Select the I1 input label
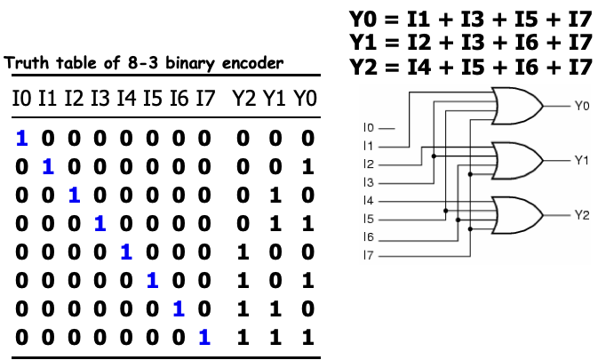369,147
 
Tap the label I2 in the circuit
369,164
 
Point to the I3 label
369,183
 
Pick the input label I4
369,201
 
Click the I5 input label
369,220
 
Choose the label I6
369,237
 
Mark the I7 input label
369,256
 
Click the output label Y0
581,106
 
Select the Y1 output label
581,160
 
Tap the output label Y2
581,215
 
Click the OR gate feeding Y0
519,107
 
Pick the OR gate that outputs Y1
519,161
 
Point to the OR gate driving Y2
519,215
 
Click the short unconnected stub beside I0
387,129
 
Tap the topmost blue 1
22,139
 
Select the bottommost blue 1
204,337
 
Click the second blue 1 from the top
48,166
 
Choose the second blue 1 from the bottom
179,308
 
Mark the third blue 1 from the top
75,195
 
